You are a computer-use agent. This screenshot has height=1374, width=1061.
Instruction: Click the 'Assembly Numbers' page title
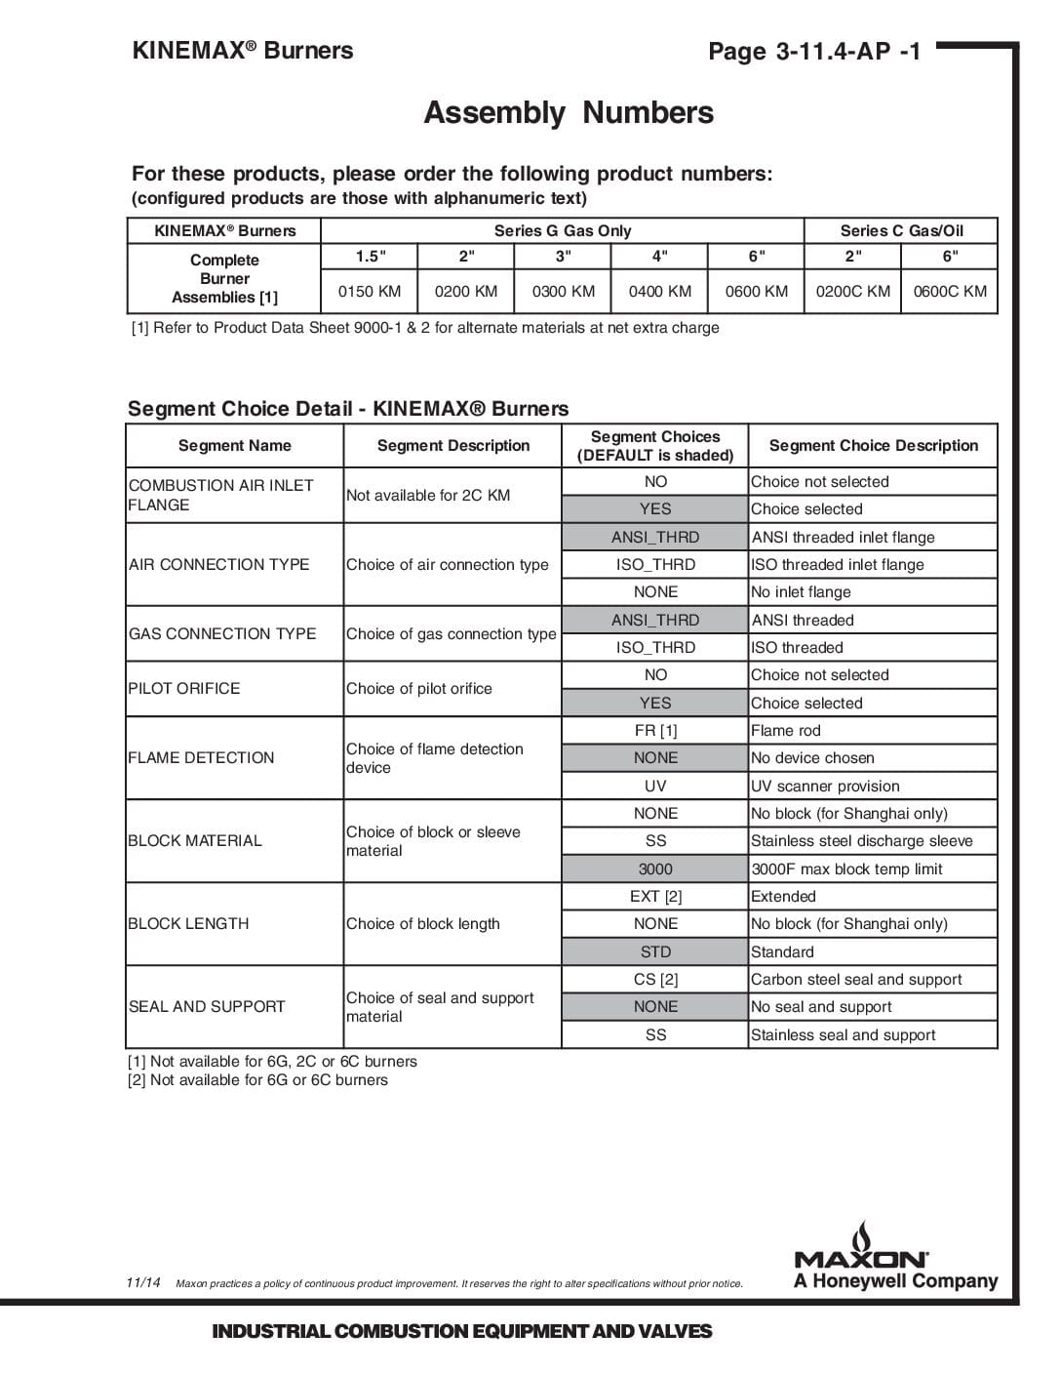point(568,113)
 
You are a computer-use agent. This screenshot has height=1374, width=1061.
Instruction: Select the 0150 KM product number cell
point(370,291)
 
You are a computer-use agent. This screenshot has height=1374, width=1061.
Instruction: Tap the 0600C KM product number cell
point(950,291)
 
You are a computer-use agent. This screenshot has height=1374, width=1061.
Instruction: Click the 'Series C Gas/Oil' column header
point(901,231)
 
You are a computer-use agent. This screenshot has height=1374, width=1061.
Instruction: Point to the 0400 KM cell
point(659,291)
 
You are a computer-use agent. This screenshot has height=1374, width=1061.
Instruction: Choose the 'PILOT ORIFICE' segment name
point(184,689)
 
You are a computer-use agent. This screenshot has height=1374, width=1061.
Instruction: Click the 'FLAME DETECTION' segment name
point(201,757)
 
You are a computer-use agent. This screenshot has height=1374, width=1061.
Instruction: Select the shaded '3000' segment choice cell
point(655,869)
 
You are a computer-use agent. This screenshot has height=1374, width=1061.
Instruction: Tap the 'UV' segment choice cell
point(655,787)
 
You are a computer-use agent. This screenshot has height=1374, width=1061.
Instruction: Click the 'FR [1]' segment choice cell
point(655,731)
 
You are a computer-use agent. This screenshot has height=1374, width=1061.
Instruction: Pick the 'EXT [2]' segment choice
point(655,897)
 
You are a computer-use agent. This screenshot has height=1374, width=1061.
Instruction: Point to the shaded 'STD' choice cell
point(655,952)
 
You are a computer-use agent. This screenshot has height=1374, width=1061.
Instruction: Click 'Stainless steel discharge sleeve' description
point(861,841)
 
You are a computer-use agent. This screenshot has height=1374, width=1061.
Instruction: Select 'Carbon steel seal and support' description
point(856,980)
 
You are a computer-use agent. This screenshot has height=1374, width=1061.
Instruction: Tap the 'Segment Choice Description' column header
point(873,446)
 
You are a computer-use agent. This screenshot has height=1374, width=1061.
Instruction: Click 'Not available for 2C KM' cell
point(428,496)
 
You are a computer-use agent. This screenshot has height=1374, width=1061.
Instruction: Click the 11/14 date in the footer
point(143,1282)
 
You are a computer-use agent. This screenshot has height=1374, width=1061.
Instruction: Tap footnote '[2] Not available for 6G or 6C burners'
point(257,1080)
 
